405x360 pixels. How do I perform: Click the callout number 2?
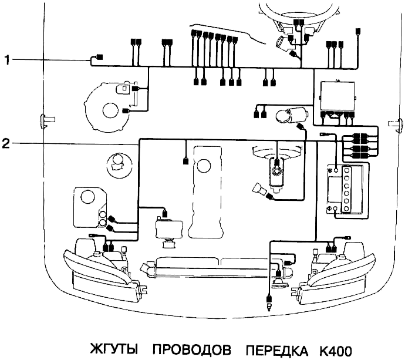coord(7,143)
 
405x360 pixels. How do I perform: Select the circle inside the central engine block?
coord(204,167)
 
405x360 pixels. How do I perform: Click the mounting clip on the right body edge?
coord(395,122)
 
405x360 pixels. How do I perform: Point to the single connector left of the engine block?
coord(185,160)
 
